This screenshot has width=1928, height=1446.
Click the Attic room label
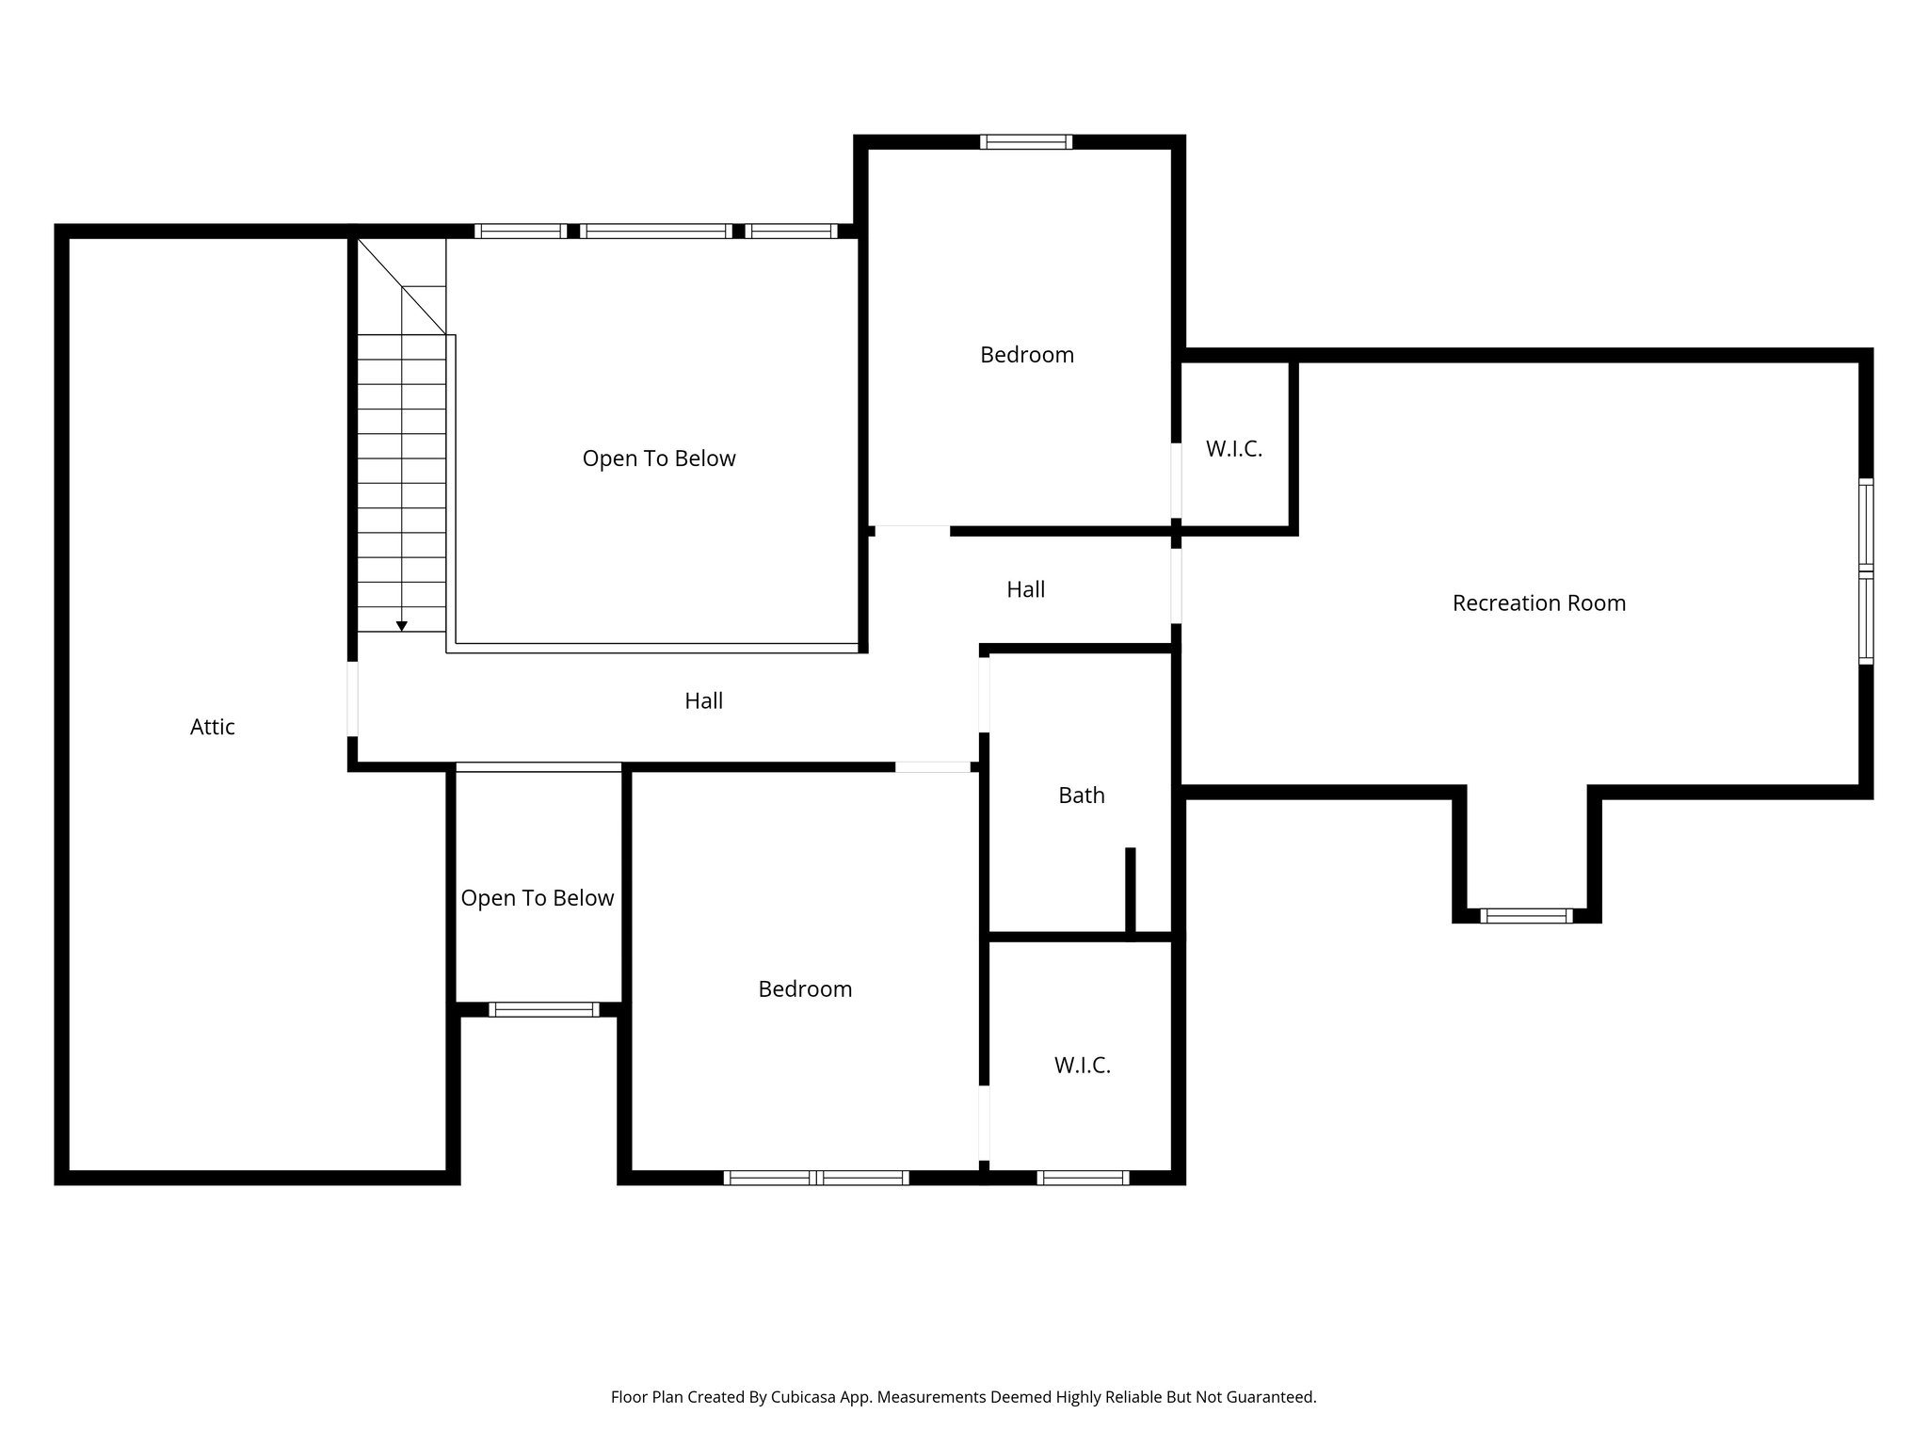212,727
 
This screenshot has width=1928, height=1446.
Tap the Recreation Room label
1538,603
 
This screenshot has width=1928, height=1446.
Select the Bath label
1081,795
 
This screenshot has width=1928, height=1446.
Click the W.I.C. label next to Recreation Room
1233,449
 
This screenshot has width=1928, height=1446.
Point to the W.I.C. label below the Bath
1082,1066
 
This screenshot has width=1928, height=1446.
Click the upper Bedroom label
1026,355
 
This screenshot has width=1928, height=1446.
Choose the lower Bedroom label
805,989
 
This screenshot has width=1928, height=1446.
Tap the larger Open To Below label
658,458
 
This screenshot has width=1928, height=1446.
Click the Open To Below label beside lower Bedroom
537,898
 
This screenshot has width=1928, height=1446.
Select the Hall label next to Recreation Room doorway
1025,589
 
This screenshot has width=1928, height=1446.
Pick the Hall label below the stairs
703,700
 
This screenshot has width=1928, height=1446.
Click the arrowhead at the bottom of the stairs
402,626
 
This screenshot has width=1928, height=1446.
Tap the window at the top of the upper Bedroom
1025,142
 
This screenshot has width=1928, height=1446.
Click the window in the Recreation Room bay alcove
1525,915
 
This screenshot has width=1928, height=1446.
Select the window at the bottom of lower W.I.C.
1083,1177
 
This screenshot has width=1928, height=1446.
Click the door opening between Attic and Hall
353,699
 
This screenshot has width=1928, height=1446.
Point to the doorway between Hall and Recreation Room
1176,586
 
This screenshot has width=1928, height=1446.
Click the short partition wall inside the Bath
1130,892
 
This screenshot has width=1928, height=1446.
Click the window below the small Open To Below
543,1009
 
